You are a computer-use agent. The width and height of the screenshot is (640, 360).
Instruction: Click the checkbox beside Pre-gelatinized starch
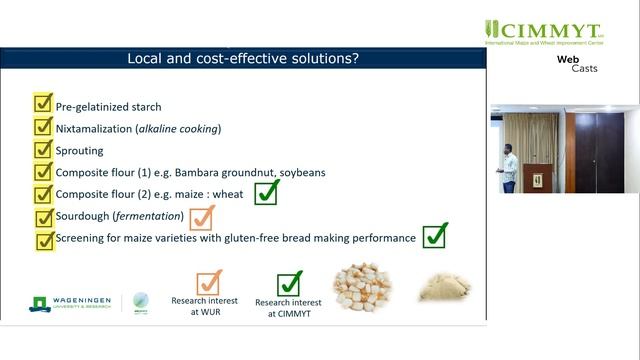43,104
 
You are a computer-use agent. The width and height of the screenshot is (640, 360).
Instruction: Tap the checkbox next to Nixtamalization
43,127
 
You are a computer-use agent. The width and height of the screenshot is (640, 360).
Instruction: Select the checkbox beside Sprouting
43,149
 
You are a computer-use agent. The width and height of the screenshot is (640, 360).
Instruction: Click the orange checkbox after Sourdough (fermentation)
202,217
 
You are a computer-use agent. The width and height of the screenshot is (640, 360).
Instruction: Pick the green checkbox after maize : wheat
266,192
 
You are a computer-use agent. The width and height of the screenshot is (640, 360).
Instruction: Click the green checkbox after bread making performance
434,236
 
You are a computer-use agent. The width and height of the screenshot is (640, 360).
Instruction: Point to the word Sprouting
84,150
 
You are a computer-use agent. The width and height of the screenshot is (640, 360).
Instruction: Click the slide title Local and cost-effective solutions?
244,59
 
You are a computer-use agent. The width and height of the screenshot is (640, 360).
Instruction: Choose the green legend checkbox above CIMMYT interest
289,284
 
